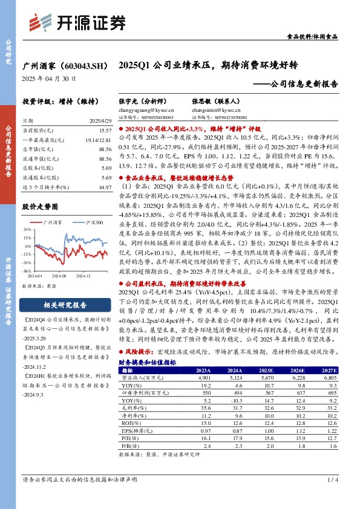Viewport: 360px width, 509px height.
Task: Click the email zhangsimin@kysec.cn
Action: (x=215, y=111)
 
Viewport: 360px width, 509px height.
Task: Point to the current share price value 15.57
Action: (x=105, y=131)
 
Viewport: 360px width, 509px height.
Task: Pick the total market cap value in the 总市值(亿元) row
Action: (x=105, y=149)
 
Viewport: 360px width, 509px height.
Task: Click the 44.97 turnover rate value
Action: (x=105, y=187)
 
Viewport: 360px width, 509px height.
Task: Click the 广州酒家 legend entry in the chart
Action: (x=53, y=223)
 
